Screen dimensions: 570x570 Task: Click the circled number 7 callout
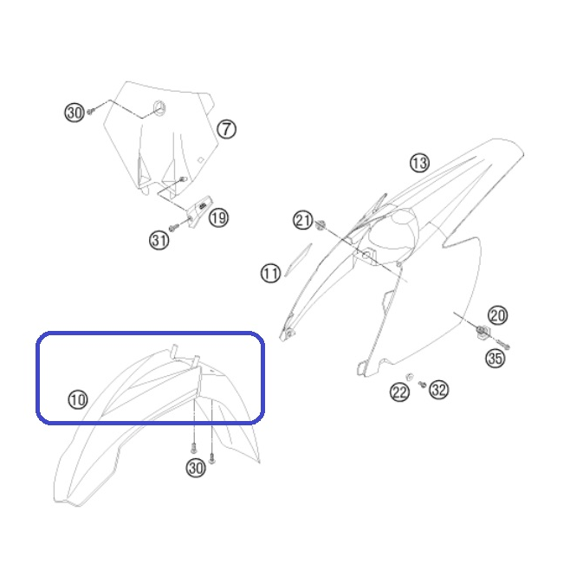pyautogui.click(x=226, y=129)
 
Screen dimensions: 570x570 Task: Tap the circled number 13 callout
pyautogui.click(x=419, y=163)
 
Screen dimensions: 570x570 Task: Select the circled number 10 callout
pyautogui.click(x=78, y=399)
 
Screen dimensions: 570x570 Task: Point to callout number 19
pyautogui.click(x=218, y=217)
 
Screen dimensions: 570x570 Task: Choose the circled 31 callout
pyautogui.click(x=159, y=240)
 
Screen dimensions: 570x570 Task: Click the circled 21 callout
pyautogui.click(x=303, y=220)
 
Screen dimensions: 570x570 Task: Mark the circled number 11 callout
pyautogui.click(x=271, y=274)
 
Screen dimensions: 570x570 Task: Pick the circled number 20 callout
pyautogui.click(x=497, y=315)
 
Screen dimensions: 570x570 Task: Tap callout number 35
pyautogui.click(x=496, y=359)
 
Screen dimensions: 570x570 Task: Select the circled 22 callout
pyautogui.click(x=399, y=392)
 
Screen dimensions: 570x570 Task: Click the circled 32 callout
pyautogui.click(x=439, y=390)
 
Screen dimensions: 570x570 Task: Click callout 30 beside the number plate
pyautogui.click(x=74, y=113)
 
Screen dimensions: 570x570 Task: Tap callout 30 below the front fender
pyautogui.click(x=196, y=468)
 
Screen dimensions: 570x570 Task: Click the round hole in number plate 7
pyautogui.click(x=159, y=108)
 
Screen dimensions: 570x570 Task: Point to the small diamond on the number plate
pyautogui.click(x=200, y=160)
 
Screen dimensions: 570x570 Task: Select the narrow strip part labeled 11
pyautogui.click(x=298, y=260)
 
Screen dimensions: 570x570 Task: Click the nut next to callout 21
pyautogui.click(x=320, y=225)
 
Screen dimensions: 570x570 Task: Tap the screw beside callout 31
pyautogui.click(x=174, y=228)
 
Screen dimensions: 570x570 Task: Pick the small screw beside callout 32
pyautogui.click(x=423, y=384)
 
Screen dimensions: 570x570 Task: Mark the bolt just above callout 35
pyautogui.click(x=502, y=344)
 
